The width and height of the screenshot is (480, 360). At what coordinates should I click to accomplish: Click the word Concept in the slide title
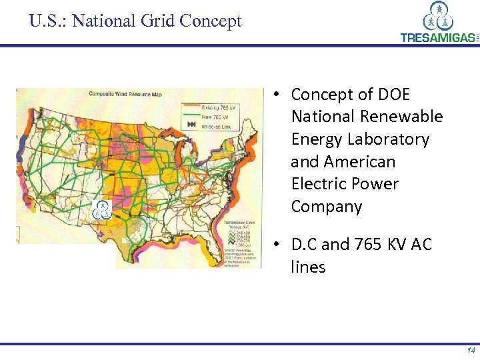(x=209, y=21)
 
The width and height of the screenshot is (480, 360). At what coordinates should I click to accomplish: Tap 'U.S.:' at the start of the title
(x=48, y=21)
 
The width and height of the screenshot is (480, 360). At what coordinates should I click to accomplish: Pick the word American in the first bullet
(x=359, y=162)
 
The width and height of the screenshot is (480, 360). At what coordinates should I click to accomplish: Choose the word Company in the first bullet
(x=326, y=207)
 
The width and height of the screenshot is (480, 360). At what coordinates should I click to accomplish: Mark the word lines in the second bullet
(x=308, y=267)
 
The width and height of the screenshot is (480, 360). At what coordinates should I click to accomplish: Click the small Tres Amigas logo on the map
(x=102, y=209)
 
